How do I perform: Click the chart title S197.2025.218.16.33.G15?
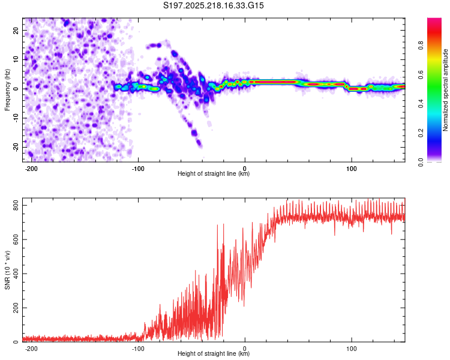click(x=213, y=5)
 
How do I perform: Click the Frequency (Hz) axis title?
click(x=7, y=90)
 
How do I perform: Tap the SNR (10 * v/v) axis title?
click(x=7, y=270)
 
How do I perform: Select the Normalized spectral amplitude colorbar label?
click(x=445, y=90)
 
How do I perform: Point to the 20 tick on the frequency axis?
click(x=16, y=30)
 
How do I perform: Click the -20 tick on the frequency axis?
click(x=16, y=147)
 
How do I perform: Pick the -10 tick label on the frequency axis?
click(x=16, y=118)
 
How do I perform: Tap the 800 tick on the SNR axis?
click(x=16, y=206)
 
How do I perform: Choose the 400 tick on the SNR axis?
click(x=16, y=274)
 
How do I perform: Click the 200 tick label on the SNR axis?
click(x=16, y=308)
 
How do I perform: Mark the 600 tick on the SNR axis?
click(x=16, y=239)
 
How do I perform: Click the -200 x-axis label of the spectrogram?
click(x=31, y=169)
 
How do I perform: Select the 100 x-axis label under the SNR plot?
click(x=351, y=349)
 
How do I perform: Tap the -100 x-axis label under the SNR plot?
click(x=138, y=349)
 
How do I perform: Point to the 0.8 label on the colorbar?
click(x=421, y=46)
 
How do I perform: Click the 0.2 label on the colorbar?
click(x=421, y=133)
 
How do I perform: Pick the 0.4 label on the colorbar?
click(x=421, y=104)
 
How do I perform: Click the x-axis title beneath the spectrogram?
click(x=214, y=173)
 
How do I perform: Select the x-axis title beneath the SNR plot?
click(x=214, y=353)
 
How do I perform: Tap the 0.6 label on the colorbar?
click(x=421, y=74)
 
